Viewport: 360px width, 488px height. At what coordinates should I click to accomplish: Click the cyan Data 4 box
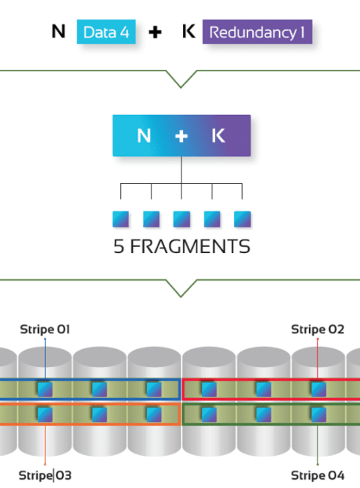(106, 32)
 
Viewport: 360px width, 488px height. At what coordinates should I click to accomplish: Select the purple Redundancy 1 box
(257, 32)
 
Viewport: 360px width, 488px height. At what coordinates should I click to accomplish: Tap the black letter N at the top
(58, 32)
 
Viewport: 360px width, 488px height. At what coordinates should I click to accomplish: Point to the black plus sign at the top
(154, 32)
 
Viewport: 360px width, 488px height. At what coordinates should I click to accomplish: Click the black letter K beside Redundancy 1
(189, 31)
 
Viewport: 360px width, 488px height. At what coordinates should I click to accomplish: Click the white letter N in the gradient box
(144, 136)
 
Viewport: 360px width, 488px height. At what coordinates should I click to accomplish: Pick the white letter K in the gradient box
(218, 136)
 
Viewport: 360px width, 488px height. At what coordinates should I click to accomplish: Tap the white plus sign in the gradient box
(181, 136)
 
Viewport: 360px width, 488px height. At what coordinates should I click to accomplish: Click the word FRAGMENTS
(190, 246)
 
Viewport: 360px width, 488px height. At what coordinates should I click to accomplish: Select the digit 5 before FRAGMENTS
(118, 246)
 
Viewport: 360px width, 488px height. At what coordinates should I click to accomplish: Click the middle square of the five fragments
(181, 219)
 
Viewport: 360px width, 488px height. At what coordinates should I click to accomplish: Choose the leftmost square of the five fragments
(121, 219)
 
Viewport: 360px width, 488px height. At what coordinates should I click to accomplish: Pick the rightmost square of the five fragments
(242, 219)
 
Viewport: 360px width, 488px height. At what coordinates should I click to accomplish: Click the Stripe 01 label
(45, 330)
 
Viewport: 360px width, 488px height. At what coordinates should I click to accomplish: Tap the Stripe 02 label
(317, 330)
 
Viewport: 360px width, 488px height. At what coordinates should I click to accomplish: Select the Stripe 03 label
(45, 475)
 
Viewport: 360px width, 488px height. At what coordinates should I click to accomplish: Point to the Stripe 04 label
(317, 475)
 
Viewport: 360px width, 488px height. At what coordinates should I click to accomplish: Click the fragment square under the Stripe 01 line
(45, 390)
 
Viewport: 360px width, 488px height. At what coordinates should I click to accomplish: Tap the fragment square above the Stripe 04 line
(318, 414)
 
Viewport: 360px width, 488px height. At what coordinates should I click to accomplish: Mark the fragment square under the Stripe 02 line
(318, 390)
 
